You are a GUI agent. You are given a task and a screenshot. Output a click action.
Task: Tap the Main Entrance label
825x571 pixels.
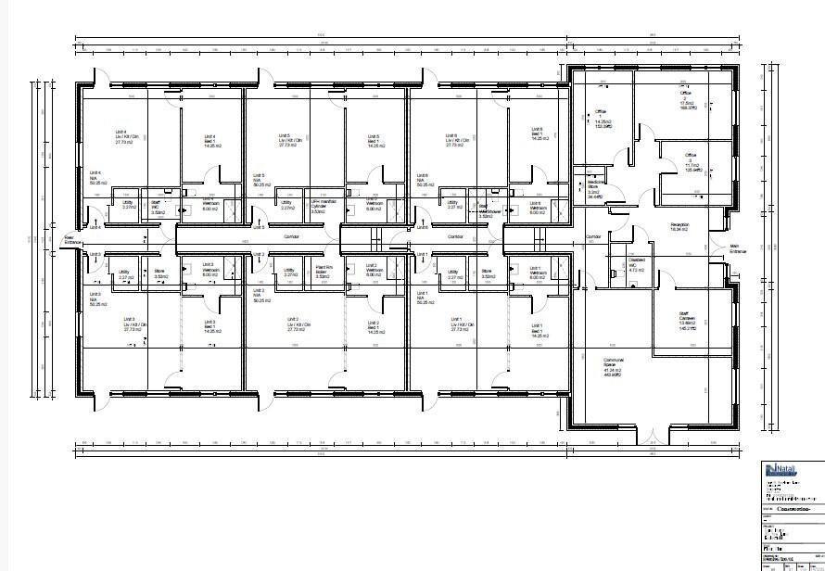point(738,248)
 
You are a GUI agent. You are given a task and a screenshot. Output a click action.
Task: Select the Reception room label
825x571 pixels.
point(680,226)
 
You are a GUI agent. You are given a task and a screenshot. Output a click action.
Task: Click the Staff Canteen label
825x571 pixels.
point(688,321)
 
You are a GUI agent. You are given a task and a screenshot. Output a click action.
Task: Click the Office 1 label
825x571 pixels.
point(601,119)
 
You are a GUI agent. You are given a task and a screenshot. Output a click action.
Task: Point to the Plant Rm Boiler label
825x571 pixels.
point(324,272)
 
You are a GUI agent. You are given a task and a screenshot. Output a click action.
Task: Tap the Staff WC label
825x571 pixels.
point(157,206)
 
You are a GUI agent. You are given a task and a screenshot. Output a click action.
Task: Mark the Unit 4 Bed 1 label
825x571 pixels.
point(209,142)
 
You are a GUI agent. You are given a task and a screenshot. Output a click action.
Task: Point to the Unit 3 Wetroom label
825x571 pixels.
point(209,272)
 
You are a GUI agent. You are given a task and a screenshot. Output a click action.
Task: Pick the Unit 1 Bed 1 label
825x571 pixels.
point(537,329)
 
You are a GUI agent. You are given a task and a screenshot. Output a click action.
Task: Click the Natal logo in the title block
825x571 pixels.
point(781,470)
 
